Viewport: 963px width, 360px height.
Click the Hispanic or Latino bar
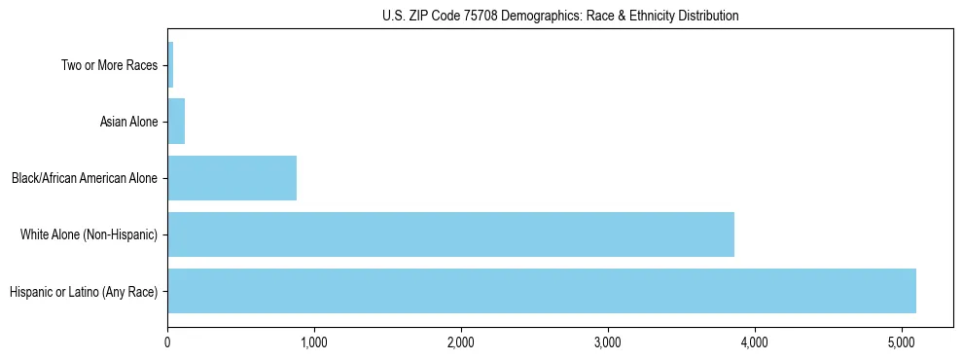click(541, 291)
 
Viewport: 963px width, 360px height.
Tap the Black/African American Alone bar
click(232, 178)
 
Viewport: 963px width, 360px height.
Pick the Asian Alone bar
click(176, 122)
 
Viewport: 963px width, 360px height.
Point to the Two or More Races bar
click(170, 65)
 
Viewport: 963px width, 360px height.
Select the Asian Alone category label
click(128, 123)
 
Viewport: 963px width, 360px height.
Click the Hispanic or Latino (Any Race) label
click(83, 291)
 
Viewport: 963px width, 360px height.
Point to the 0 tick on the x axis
click(167, 342)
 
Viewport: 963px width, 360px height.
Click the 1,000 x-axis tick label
click(314, 342)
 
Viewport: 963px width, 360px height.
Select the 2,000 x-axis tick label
click(461, 342)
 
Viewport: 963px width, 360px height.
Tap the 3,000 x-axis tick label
click(608, 342)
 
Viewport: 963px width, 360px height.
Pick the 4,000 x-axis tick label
click(755, 342)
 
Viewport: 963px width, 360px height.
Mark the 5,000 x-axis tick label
click(902, 342)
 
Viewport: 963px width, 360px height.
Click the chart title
click(560, 16)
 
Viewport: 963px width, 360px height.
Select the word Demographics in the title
click(542, 16)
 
